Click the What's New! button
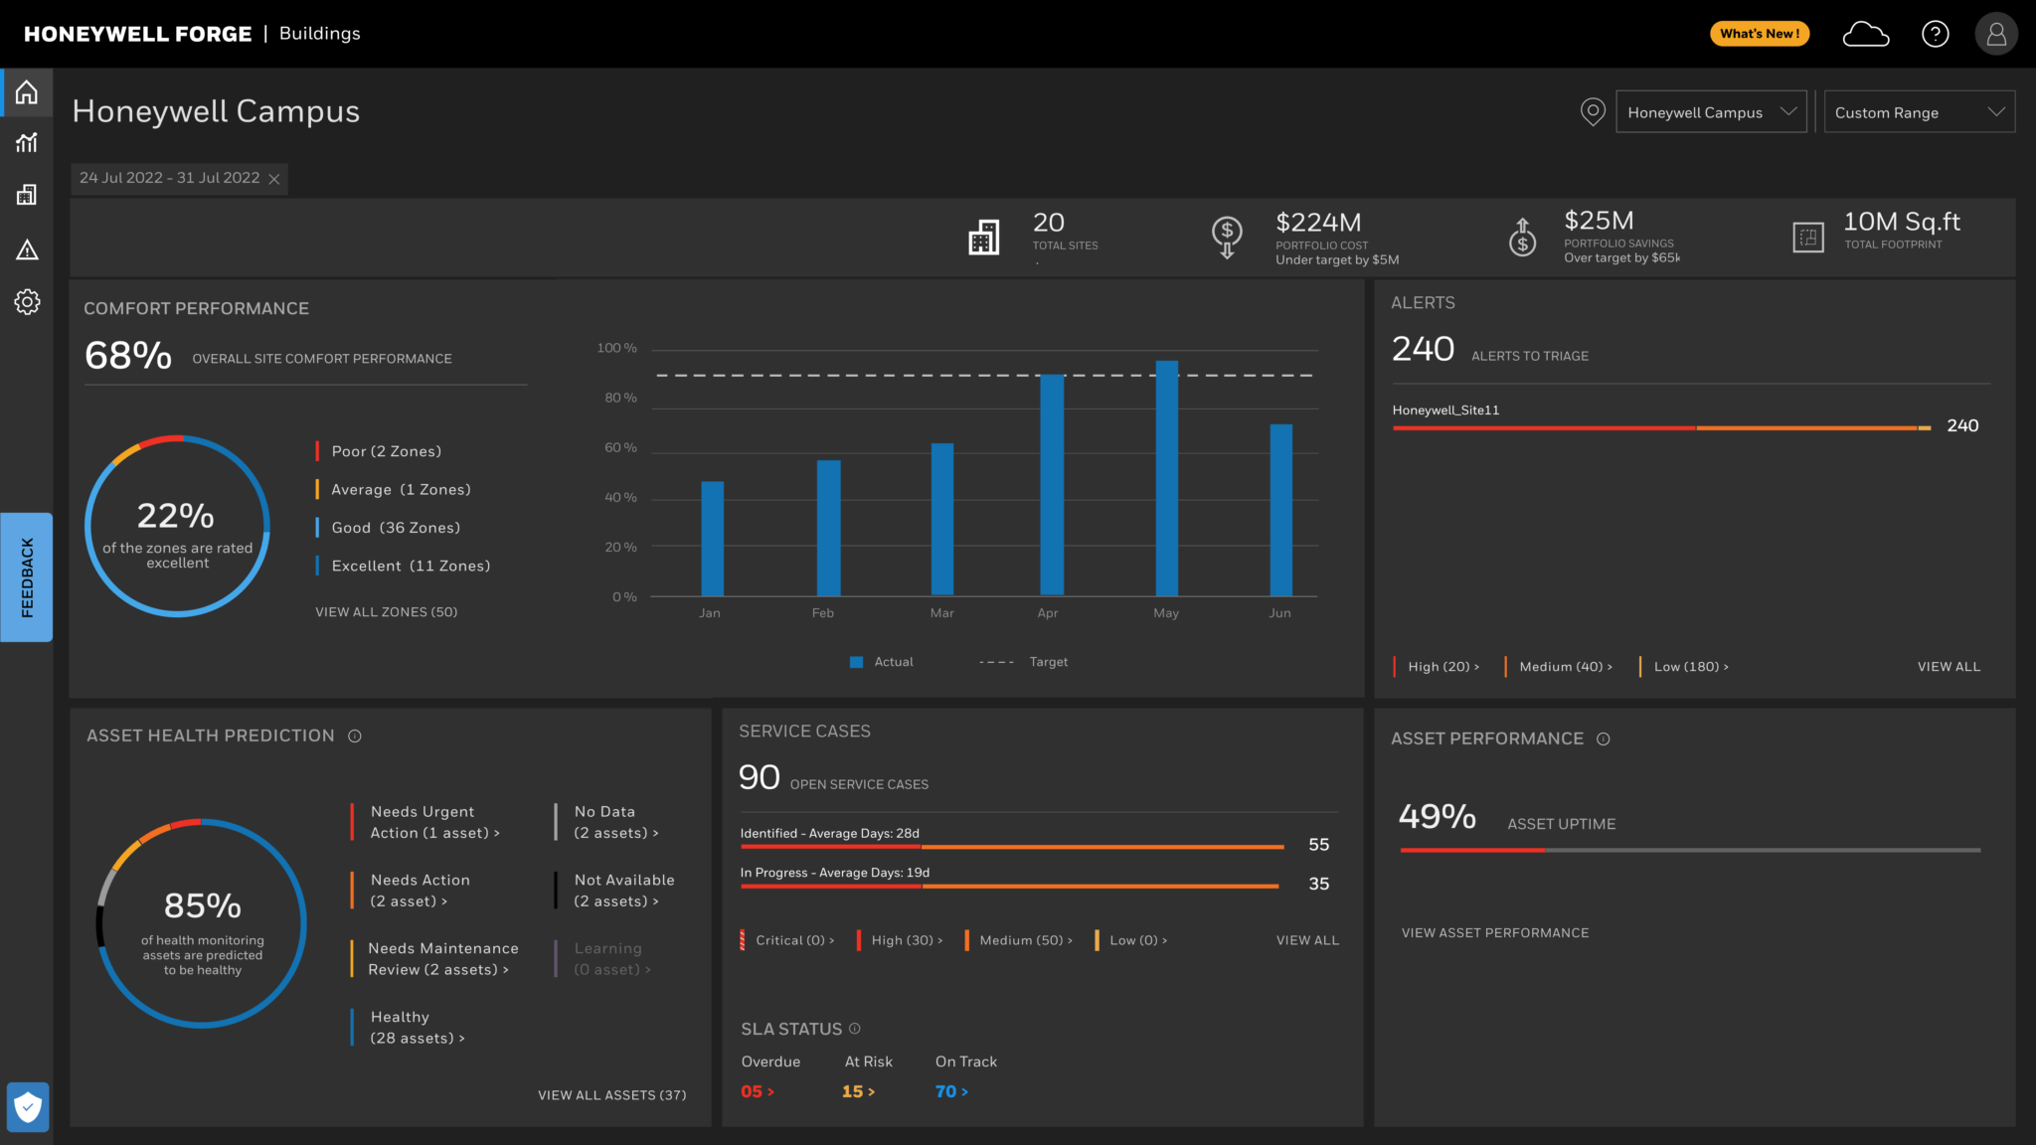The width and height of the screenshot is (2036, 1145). tap(1760, 34)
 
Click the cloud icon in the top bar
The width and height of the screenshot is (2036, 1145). tap(1865, 35)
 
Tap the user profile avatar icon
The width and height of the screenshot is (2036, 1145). tap(1995, 35)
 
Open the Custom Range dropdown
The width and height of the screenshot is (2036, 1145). tap(1919, 112)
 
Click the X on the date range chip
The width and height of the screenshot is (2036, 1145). tap(274, 179)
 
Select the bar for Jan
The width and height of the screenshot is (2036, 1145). tap(712, 539)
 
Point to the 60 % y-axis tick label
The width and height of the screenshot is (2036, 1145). tap(620, 448)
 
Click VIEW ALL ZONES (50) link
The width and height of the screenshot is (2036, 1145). tap(387, 612)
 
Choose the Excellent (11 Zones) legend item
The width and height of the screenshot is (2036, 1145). tap(410, 567)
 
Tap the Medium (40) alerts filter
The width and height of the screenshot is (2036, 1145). tap(1565, 667)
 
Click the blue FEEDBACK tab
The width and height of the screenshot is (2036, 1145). tap(27, 577)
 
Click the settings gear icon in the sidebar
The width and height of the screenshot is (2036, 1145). tap(27, 302)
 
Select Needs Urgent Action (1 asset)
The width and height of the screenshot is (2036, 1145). tap(434, 823)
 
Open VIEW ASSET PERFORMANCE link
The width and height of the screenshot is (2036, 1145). tap(1494, 933)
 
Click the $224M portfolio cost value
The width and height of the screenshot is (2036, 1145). tap(1317, 223)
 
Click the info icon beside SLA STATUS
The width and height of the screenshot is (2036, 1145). tap(855, 1029)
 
